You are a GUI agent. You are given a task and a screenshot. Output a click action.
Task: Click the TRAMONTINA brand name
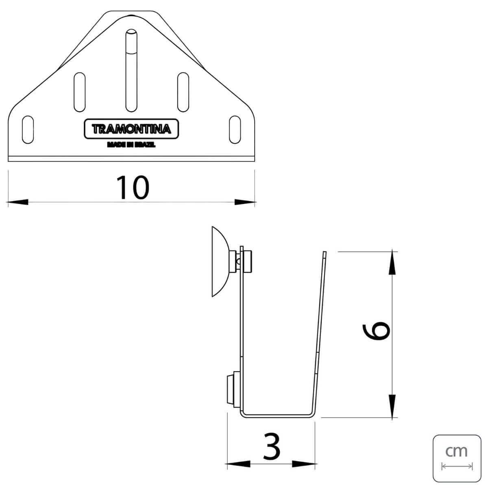[131, 129]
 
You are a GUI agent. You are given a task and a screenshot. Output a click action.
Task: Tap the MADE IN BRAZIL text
[131, 145]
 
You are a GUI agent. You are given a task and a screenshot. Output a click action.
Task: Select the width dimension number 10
[133, 187]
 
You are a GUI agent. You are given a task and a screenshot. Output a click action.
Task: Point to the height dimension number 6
[376, 331]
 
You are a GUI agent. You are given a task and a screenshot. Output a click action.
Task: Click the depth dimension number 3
[272, 446]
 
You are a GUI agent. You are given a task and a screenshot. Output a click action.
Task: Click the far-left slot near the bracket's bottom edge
[28, 130]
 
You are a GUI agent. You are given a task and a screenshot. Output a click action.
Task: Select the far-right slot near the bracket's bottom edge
[235, 130]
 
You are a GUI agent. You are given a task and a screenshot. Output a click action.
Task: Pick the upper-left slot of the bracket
[80, 92]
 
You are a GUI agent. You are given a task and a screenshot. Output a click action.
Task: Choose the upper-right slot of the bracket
[183, 92]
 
